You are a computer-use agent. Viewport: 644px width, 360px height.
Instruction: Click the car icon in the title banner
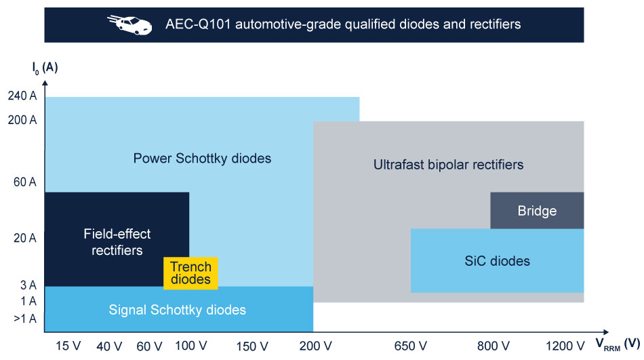pyautogui.click(x=129, y=24)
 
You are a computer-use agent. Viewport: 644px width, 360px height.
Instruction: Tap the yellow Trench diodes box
pyautogui.click(x=190, y=273)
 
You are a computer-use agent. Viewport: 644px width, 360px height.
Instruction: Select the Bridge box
pyautogui.click(x=537, y=210)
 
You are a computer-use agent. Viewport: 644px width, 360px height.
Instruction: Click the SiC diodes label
pyautogui.click(x=497, y=261)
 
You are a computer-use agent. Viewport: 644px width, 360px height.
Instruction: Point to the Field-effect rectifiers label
pyautogui.click(x=117, y=242)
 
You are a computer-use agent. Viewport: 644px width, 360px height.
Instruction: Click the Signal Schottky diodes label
pyautogui.click(x=177, y=310)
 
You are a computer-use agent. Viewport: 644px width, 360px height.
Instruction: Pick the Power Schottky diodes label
pyautogui.click(x=202, y=158)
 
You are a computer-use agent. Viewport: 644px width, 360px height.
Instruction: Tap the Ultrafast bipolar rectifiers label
pyautogui.click(x=448, y=165)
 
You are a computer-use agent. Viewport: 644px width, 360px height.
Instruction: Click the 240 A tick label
pyautogui.click(x=22, y=96)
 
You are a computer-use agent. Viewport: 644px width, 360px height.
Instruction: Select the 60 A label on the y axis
pyautogui.click(x=24, y=182)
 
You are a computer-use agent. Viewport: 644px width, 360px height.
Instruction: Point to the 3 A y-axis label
pyautogui.click(x=28, y=285)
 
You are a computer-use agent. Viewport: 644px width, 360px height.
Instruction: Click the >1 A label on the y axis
pyautogui.click(x=25, y=319)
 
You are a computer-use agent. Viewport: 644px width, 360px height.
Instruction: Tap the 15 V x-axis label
pyautogui.click(x=68, y=346)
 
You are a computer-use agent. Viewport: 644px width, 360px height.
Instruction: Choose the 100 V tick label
pyautogui.click(x=190, y=346)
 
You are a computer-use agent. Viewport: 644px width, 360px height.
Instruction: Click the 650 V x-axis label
pyautogui.click(x=410, y=346)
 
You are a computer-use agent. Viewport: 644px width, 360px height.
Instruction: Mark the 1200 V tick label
pyautogui.click(x=565, y=346)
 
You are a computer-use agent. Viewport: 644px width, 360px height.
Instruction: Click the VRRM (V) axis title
pyautogui.click(x=618, y=344)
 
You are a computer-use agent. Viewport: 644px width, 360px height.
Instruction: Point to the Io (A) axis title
pyautogui.click(x=45, y=68)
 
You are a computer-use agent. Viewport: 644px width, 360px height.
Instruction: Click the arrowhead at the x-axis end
pyautogui.click(x=606, y=332)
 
